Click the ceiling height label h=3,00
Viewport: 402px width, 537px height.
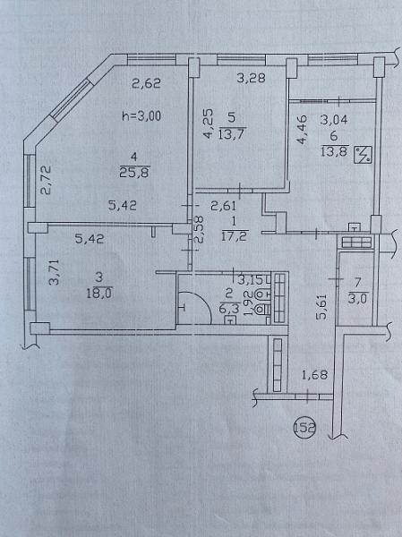(141, 116)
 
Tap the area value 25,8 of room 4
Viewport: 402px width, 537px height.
(134, 173)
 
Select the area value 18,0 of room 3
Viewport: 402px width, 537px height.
(99, 294)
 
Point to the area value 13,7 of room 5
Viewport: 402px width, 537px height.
(231, 133)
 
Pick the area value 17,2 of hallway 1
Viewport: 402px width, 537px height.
(235, 235)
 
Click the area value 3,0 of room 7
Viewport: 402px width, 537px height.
(358, 298)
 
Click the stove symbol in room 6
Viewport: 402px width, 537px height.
(364, 154)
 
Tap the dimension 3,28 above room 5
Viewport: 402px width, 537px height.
(252, 79)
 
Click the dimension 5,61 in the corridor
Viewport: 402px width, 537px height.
(321, 306)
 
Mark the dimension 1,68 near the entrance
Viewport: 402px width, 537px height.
(314, 375)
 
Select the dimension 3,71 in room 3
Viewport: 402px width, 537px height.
(55, 272)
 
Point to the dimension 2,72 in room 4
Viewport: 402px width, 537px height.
(46, 180)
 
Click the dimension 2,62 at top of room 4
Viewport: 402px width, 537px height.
(146, 83)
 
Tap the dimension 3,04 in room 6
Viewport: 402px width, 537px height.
(334, 120)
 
